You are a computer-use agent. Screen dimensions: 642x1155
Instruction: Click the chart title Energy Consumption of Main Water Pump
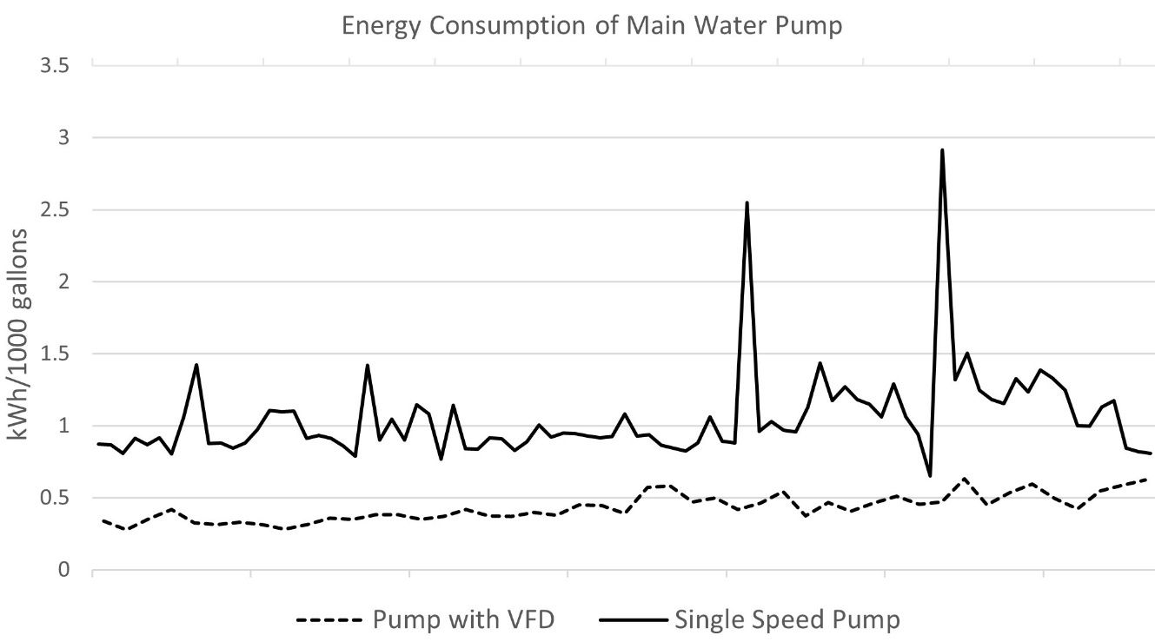click(591, 26)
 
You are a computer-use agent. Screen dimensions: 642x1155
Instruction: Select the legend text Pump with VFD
click(463, 620)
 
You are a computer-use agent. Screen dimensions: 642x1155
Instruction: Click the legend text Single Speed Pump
click(787, 620)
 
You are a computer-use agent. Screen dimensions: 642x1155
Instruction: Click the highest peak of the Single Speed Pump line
click(942, 150)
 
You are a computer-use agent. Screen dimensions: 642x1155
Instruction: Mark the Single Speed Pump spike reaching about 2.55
click(747, 203)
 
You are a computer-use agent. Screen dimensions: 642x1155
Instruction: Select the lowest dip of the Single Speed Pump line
click(930, 475)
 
